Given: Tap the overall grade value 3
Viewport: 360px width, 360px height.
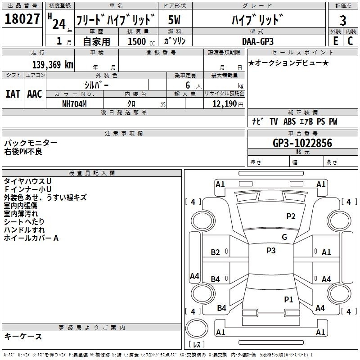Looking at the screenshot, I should pos(343,20).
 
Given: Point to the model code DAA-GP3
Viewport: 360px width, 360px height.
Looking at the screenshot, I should pos(257,41).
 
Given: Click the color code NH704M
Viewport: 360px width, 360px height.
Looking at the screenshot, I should pos(75,103).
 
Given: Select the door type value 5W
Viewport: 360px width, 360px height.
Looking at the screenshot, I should pos(175,20).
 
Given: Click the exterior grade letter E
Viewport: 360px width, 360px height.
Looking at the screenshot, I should pos(335,41).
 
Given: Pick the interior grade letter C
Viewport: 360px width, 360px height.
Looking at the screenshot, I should pos(350,41).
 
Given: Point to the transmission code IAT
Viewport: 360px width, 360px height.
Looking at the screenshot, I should pos(13,94).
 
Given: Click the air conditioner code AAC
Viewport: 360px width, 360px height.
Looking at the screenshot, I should pos(34,94).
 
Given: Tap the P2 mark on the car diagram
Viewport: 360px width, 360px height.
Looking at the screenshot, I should pos(291,216).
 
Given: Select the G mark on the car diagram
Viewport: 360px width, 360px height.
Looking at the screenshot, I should pos(284,237).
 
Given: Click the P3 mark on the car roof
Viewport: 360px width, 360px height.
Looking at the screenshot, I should pos(271,251).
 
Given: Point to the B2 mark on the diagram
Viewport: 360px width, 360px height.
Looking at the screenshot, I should pos(216,252).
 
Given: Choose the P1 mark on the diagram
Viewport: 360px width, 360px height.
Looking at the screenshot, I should pos(288,299).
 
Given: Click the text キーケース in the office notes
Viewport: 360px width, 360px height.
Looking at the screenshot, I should pos(23,336).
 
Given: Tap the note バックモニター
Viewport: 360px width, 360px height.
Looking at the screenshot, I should pos(31,143).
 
